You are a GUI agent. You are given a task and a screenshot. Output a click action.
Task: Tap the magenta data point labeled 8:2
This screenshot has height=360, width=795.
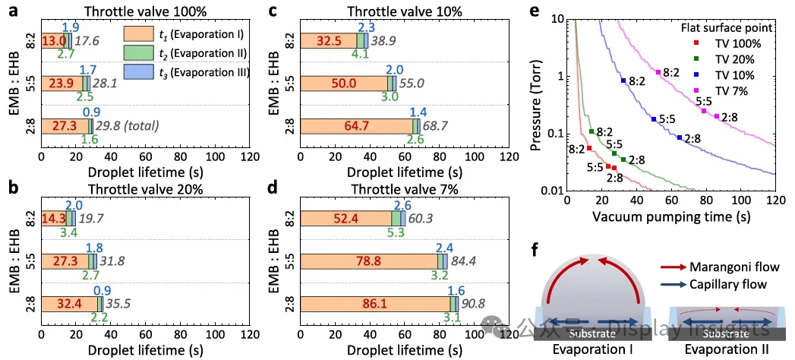(x=658, y=72)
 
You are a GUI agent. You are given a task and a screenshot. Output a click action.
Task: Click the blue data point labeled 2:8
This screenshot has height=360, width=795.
(x=680, y=137)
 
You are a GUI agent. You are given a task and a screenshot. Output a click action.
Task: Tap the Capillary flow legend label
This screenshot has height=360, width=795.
(x=721, y=283)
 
